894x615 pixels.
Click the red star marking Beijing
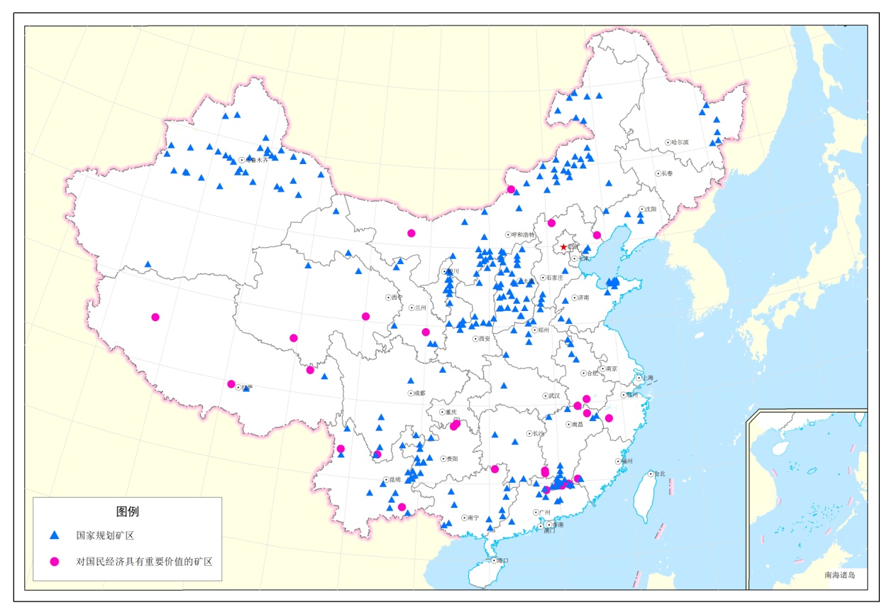click(x=563, y=247)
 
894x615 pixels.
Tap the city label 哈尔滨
click(x=680, y=142)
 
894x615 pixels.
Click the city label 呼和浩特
click(x=524, y=234)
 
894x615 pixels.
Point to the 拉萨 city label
click(x=246, y=388)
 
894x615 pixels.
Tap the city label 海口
click(x=503, y=560)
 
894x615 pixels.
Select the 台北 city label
click(x=659, y=474)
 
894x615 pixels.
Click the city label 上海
click(x=650, y=379)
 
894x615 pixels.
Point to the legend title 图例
click(x=128, y=511)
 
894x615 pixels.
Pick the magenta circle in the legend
click(x=54, y=561)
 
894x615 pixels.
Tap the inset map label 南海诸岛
click(x=840, y=575)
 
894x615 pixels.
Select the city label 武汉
click(x=553, y=396)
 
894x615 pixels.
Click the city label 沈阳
click(x=651, y=209)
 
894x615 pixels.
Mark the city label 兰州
click(x=421, y=307)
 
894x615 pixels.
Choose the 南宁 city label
click(x=473, y=518)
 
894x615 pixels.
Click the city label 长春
click(x=667, y=173)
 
